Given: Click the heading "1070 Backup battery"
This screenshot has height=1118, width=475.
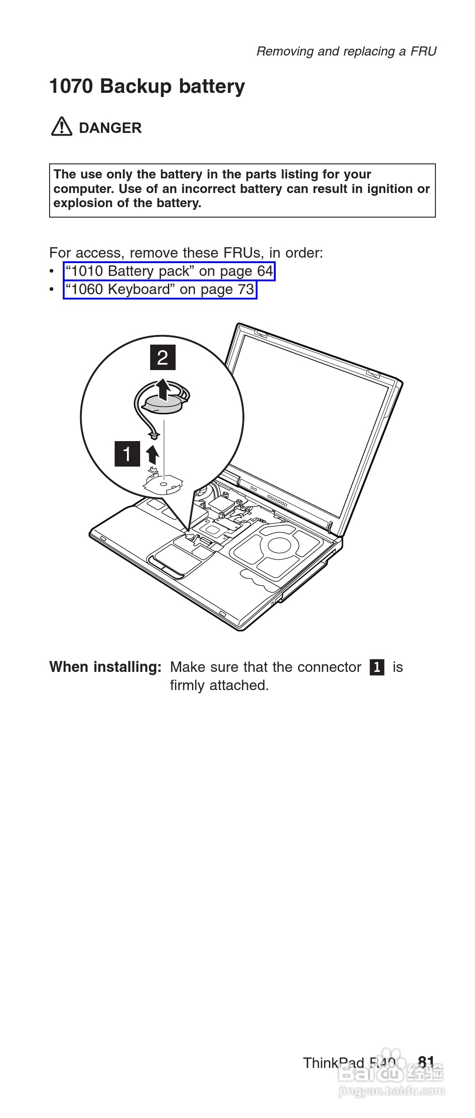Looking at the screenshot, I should (x=147, y=86).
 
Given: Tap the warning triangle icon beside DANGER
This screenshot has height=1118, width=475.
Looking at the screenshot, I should (x=61, y=127).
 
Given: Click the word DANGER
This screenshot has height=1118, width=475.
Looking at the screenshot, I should (x=110, y=128).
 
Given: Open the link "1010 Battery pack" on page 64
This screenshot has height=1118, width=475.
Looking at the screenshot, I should (x=169, y=271).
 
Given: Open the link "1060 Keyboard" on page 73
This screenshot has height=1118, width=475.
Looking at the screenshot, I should (x=160, y=290).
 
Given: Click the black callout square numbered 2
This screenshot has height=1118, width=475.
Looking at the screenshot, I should (x=162, y=357).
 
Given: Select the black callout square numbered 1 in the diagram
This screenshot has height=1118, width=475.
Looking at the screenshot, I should (x=127, y=454).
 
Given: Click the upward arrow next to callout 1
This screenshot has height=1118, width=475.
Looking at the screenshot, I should (x=153, y=454).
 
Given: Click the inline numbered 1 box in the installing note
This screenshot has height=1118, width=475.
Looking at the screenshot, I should (x=377, y=667).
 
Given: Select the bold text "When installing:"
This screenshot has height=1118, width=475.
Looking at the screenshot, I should (x=105, y=667).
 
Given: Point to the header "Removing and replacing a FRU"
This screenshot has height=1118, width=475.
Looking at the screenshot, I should (x=346, y=51).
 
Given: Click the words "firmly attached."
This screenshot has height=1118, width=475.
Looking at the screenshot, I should (x=219, y=685).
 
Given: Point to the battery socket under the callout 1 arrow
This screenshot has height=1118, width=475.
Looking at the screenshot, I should (x=164, y=483).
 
